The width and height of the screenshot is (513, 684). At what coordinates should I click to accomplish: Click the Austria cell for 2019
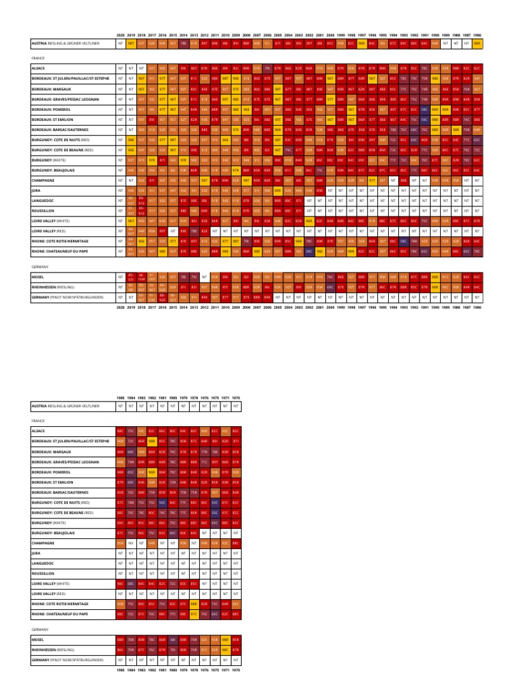pos(131,43)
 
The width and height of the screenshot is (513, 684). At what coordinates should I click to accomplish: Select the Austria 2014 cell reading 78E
pos(183,43)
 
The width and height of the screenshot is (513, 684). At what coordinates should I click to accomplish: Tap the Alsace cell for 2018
pos(142,68)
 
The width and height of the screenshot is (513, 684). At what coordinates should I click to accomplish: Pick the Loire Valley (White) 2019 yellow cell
pos(131,220)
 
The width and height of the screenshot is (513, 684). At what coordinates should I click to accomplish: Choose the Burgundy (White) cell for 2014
pos(183,160)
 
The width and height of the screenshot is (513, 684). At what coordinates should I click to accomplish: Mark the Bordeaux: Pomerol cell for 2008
pos(246,109)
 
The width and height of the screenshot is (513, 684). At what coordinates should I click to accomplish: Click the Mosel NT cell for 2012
pos(204,276)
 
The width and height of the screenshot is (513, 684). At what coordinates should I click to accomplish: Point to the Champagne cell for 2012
pos(204,180)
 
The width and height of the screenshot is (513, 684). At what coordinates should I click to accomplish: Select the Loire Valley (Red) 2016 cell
pos(162,230)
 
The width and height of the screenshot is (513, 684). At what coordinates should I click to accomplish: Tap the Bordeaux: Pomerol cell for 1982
pos(152,472)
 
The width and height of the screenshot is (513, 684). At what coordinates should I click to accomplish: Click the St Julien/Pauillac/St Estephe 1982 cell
pos(152,441)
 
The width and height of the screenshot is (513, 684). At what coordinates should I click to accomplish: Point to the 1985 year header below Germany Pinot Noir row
pos(120,669)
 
